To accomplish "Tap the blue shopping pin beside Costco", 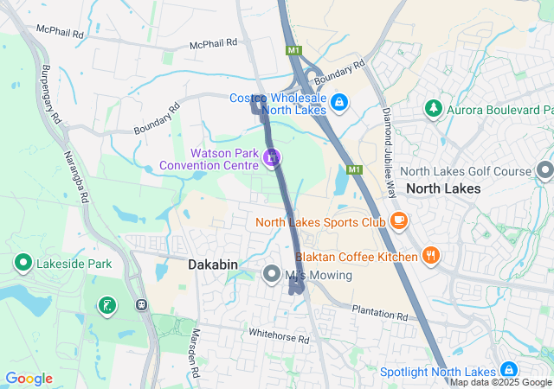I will click(x=339, y=102).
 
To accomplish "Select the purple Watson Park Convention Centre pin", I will click(x=272, y=157).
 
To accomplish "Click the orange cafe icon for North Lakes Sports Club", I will click(x=398, y=221).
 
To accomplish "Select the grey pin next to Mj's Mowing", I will click(x=271, y=275).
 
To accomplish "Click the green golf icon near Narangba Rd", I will click(x=106, y=304).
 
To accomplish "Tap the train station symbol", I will click(x=141, y=304).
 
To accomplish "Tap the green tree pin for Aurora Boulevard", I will click(x=433, y=109).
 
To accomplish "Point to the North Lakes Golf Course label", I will click(x=466, y=172).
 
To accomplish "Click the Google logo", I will click(x=29, y=379).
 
